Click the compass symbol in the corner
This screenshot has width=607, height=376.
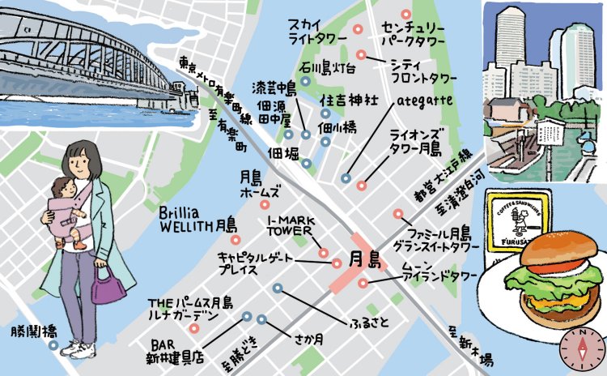click(x=579, y=348)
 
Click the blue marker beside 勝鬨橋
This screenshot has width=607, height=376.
click(x=53, y=345)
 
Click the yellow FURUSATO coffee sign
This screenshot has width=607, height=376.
click(x=519, y=220)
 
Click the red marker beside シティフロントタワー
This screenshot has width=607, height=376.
click(x=361, y=56)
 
